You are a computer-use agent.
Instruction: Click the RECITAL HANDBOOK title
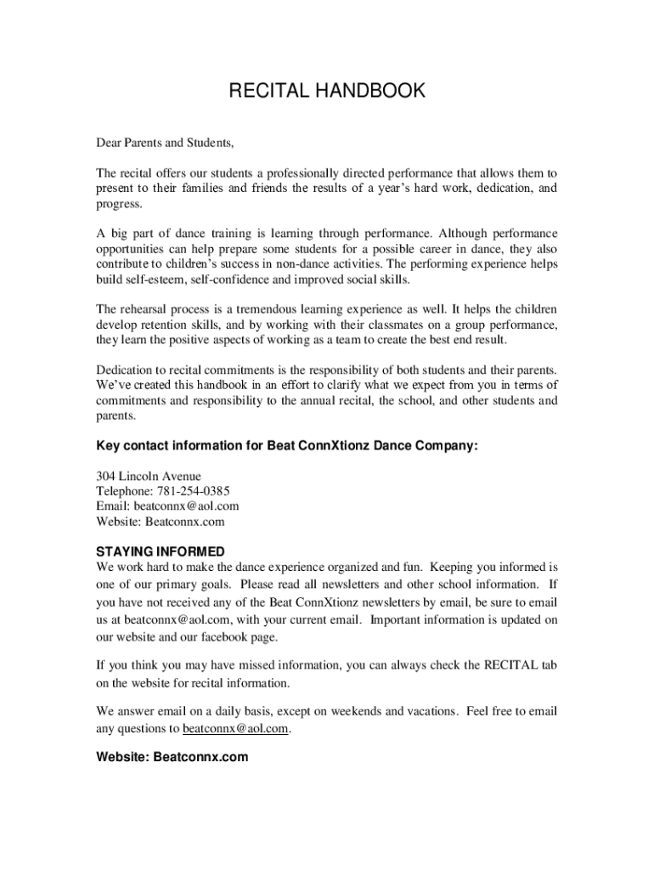327,91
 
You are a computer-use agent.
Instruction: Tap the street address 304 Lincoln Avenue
149,476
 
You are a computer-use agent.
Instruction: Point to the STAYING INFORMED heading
161,551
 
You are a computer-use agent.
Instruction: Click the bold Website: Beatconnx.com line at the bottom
172,756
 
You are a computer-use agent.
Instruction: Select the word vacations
429,710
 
